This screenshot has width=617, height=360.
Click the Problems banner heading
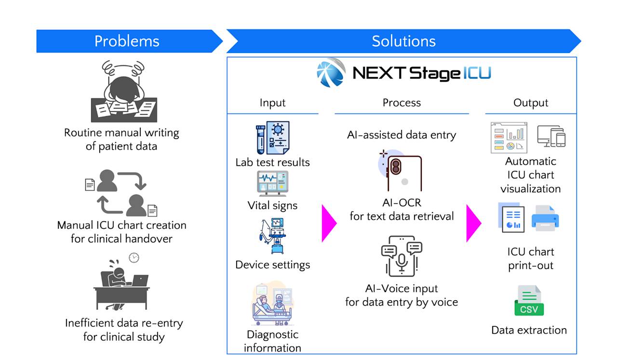coord(127,41)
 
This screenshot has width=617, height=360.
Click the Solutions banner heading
coord(403,41)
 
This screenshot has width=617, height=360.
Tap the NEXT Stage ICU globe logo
coord(331,73)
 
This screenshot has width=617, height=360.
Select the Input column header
coord(272,103)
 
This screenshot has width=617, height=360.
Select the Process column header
coord(402,103)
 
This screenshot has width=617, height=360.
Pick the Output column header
coord(531,103)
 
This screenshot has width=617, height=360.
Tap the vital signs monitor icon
coord(272,184)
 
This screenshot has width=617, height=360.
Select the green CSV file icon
coord(529,301)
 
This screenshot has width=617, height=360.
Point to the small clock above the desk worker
coord(134,258)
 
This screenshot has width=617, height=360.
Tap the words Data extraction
coord(529,330)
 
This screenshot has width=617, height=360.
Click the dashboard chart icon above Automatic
coord(510,138)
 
